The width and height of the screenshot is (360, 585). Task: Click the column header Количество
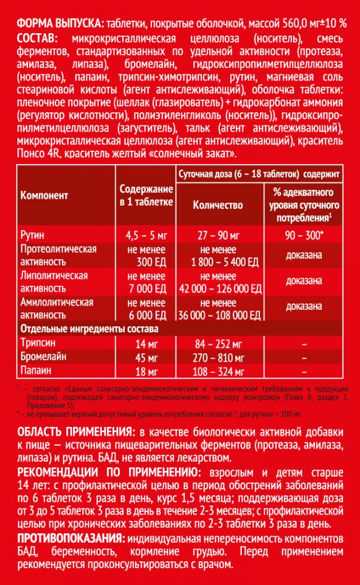[218, 205]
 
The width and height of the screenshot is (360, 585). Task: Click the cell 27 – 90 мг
[218, 234]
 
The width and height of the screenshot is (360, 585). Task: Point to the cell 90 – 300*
[304, 234]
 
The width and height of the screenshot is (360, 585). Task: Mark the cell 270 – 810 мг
[218, 358]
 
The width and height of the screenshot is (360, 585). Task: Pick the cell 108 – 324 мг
[218, 371]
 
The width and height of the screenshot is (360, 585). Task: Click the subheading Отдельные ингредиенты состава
[89, 328]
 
